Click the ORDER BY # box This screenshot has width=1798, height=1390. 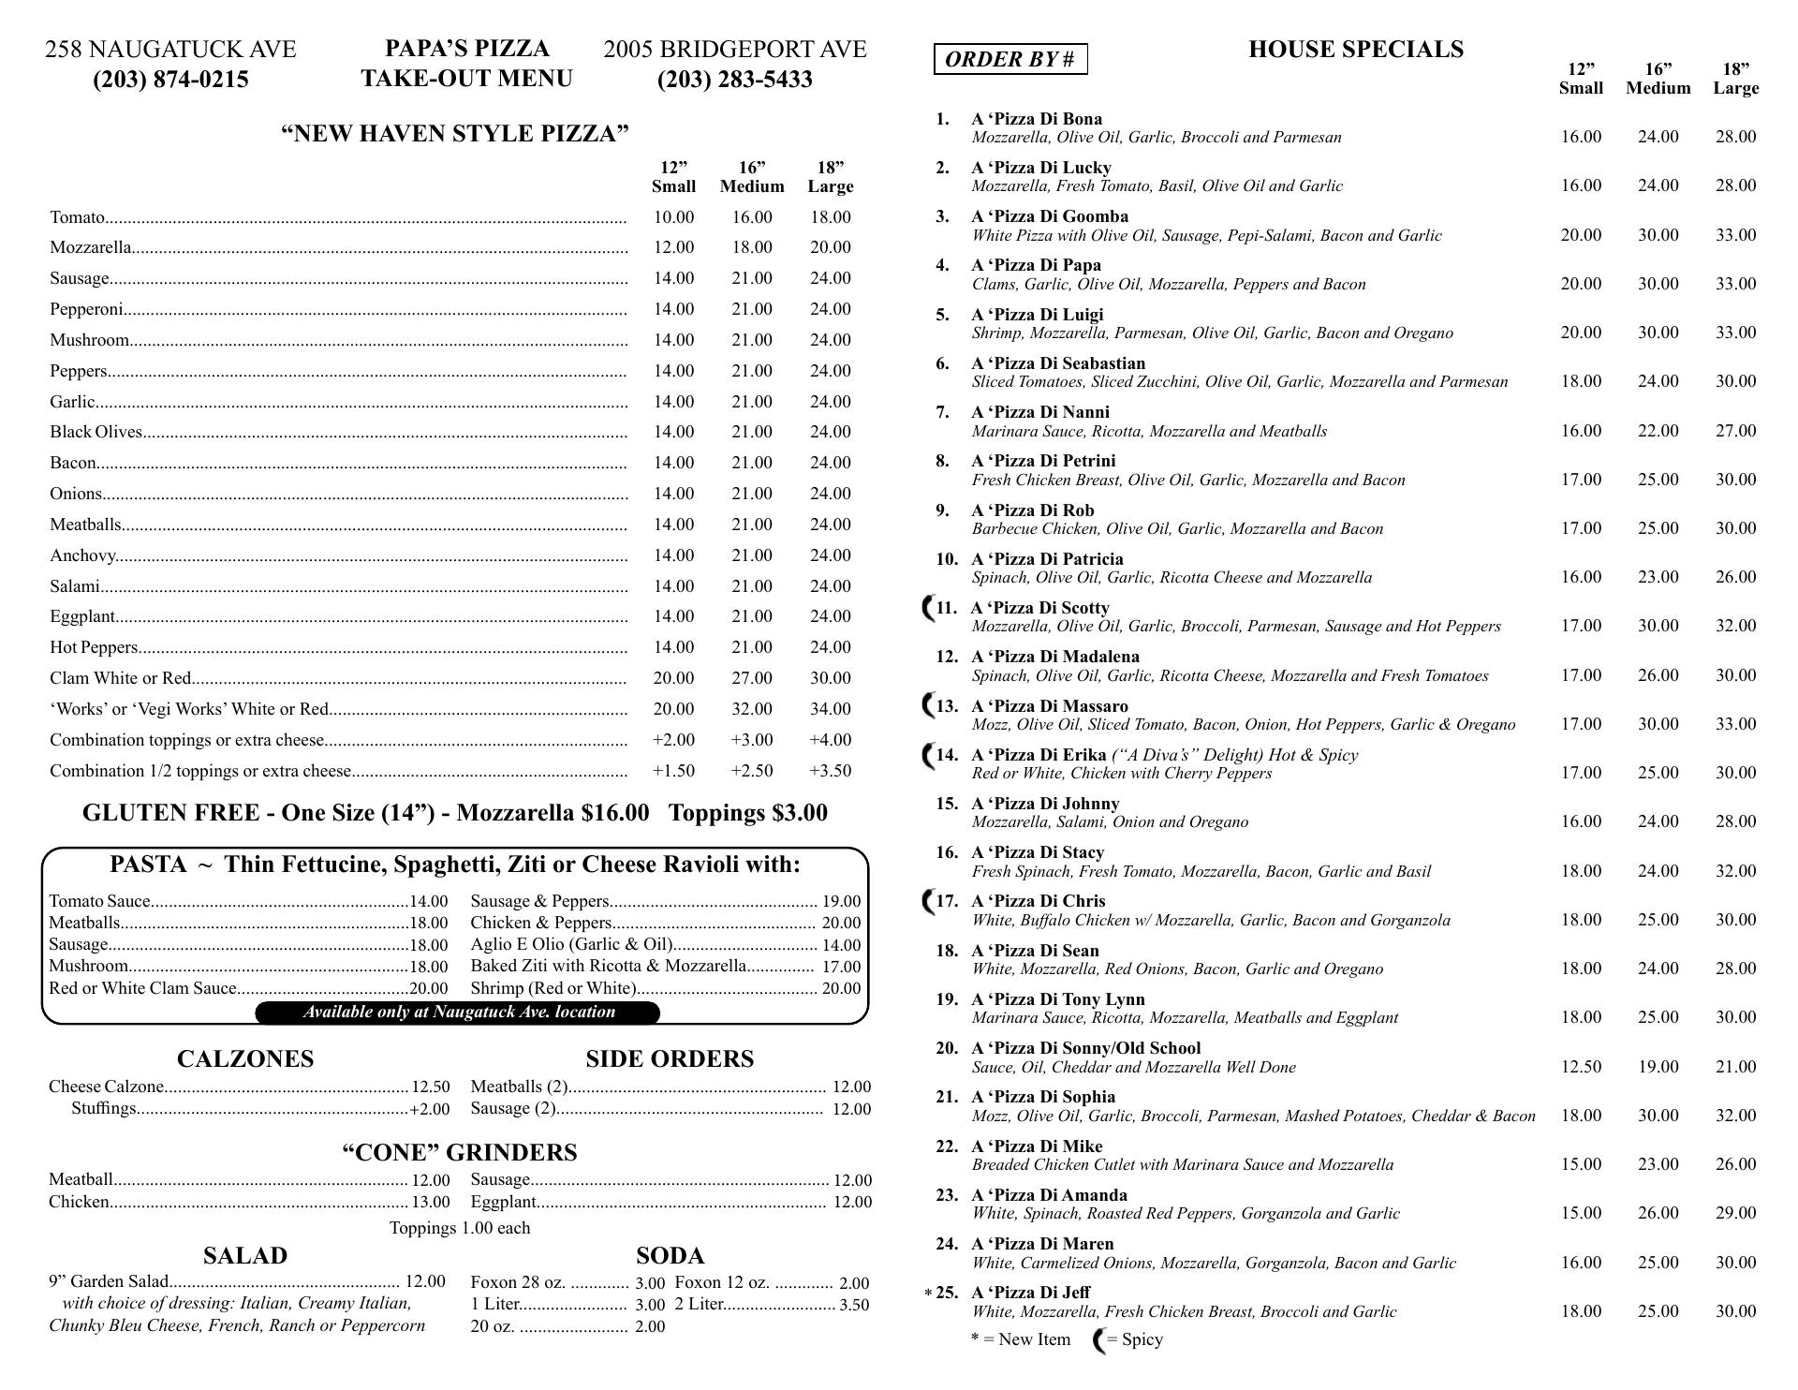point(1010,59)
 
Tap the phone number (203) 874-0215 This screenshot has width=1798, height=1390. point(170,80)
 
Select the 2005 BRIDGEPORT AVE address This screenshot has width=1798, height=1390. point(735,49)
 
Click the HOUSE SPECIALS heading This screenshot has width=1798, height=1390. point(1355,49)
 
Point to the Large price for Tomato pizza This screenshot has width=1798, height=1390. point(830,217)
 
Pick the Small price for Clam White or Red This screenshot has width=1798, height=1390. point(673,678)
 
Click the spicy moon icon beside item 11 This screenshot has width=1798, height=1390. point(929,608)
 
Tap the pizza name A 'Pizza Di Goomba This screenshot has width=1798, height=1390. point(1049,216)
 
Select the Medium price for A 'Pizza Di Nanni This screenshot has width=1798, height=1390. point(1658,431)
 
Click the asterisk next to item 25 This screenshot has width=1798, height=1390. point(928,1294)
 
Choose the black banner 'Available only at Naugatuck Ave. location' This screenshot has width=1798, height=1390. point(458,1013)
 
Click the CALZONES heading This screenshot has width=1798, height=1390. point(245,1058)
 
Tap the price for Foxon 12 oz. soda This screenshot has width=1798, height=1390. point(854,1283)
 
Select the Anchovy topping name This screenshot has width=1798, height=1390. point(82,555)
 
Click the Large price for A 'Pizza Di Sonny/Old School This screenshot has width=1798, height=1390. point(1735,1067)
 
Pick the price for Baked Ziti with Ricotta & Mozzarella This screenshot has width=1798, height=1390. point(841,967)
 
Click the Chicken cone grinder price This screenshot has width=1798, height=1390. point(431,1203)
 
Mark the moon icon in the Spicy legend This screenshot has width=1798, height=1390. point(1099,1340)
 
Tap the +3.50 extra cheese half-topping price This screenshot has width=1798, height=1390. point(830,771)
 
